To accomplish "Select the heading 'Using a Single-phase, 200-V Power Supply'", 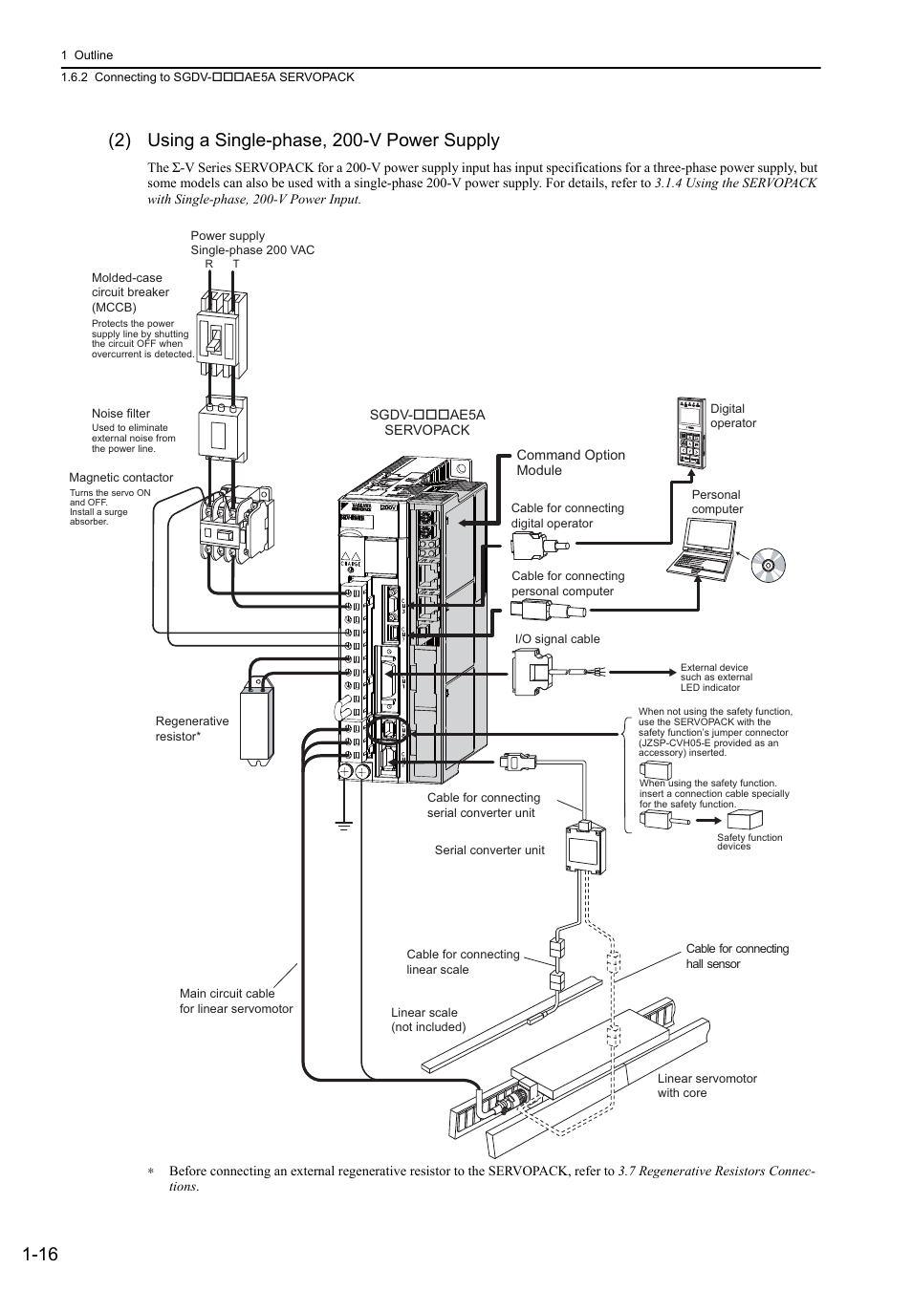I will [323, 140].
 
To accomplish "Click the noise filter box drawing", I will [222, 430].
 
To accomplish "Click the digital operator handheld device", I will [690, 433].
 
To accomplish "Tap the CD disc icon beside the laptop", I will [768, 566].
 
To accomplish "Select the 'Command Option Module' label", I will [571, 462].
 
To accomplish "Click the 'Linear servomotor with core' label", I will [706, 1086].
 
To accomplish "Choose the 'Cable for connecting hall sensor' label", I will [737, 956].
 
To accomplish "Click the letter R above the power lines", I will [208, 263].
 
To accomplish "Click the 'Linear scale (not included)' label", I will [427, 1020].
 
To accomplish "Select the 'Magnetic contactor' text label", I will [121, 478].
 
